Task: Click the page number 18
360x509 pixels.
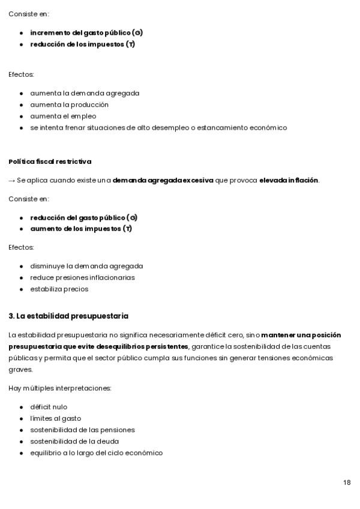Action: click(x=347, y=483)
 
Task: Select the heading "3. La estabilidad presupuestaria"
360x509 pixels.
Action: click(x=68, y=316)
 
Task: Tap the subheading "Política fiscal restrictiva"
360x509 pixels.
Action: click(x=50, y=161)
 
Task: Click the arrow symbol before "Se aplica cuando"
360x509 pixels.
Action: click(x=11, y=180)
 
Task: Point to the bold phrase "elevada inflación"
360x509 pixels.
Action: click(x=289, y=180)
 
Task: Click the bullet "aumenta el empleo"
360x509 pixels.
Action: click(x=63, y=116)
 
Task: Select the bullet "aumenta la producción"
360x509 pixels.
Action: click(x=69, y=105)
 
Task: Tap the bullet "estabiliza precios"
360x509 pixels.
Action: click(x=59, y=289)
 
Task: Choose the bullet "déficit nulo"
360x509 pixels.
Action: click(x=49, y=407)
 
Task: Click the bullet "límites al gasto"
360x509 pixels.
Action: click(x=55, y=418)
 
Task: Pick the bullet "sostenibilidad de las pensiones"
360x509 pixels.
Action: click(x=82, y=430)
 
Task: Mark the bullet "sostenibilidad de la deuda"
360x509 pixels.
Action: click(x=74, y=442)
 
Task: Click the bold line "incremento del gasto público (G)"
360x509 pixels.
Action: click(x=86, y=32)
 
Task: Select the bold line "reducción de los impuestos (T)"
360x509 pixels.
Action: click(x=82, y=44)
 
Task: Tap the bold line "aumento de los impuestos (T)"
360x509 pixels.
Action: click(x=81, y=229)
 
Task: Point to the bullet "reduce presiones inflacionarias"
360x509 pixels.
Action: click(x=82, y=278)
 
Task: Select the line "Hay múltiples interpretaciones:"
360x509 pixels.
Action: click(x=59, y=388)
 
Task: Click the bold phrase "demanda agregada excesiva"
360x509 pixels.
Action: click(x=163, y=180)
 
